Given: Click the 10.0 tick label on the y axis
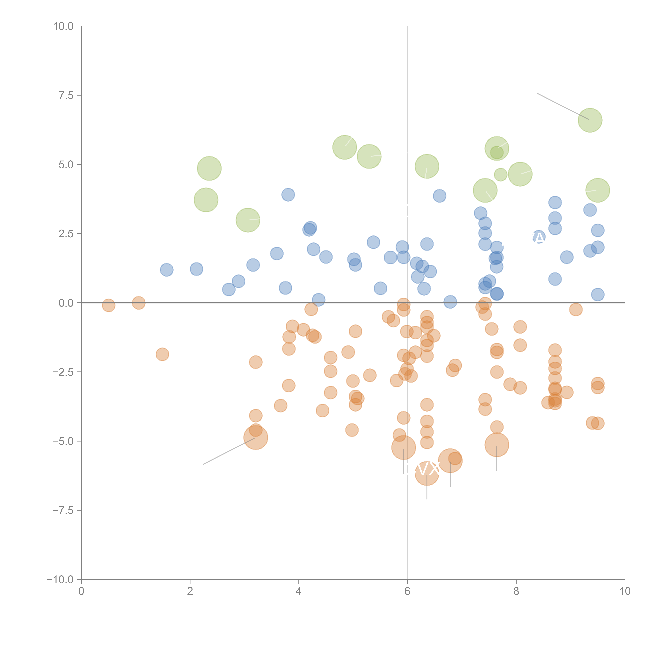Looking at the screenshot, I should (63, 26).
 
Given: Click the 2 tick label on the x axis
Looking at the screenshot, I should (190, 591).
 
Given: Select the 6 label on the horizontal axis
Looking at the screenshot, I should (407, 591).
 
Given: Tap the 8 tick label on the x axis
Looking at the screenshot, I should (516, 591).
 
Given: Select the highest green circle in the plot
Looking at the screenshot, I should (590, 120).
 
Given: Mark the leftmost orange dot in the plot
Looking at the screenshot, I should (108, 305).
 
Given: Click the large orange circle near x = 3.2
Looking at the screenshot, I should (256, 438).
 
